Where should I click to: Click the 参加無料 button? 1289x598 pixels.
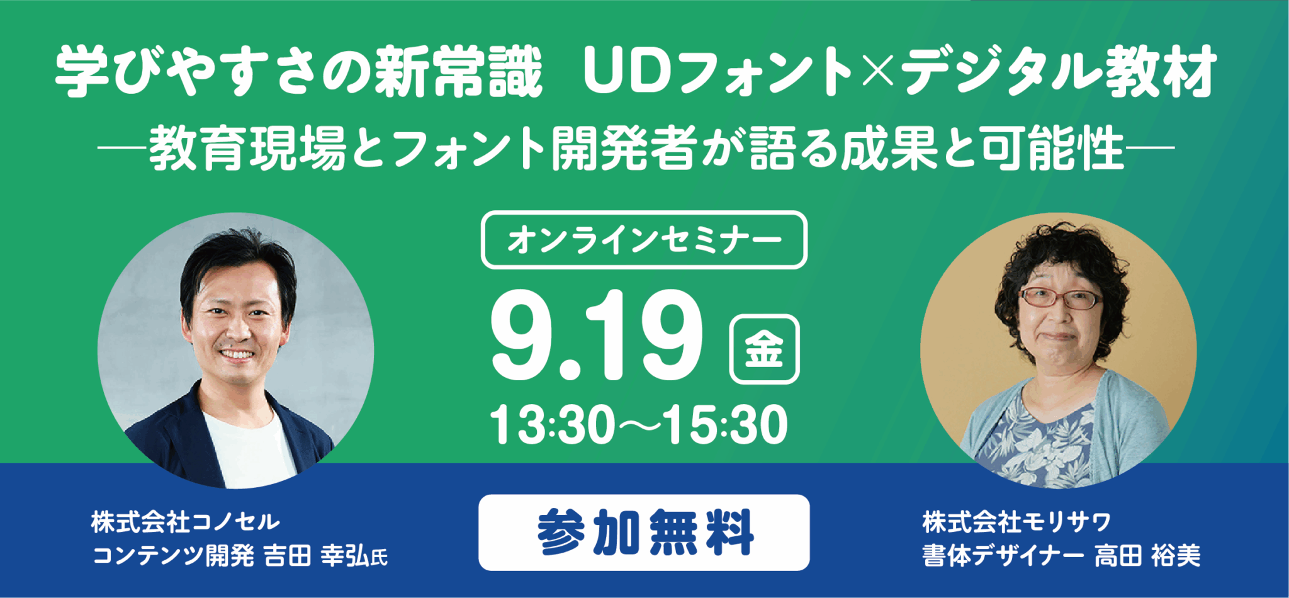[644, 533]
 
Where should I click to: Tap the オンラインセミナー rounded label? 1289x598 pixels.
[644, 240]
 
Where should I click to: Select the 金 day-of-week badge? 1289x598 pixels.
[764, 349]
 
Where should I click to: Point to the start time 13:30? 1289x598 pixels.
[552, 426]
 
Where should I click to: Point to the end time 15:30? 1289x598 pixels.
[725, 426]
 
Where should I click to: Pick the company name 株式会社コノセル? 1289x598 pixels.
[185, 522]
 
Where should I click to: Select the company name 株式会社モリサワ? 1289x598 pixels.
[1016, 522]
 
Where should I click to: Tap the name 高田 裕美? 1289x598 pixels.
[1147, 556]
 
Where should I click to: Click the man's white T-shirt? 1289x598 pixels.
[249, 450]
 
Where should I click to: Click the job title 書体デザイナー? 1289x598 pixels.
[1003, 556]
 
